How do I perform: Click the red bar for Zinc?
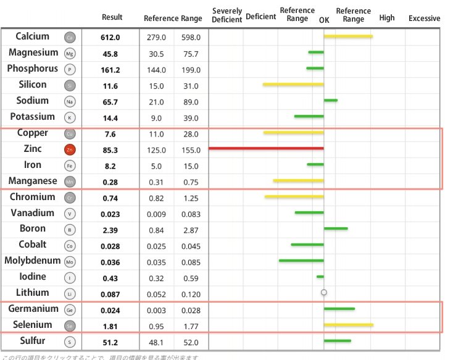[266, 149]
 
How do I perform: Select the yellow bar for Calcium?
[348, 36]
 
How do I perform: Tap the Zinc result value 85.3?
[110, 150]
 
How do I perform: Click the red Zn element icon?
[70, 149]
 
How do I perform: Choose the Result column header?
[112, 17]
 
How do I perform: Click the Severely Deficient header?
[226, 15]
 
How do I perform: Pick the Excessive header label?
[424, 18]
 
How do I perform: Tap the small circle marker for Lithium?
[323, 293]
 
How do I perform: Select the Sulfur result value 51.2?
[110, 341]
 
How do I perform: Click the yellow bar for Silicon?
[293, 84]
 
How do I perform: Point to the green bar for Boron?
[336, 228]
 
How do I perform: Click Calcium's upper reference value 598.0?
[190, 38]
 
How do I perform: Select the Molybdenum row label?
[31, 261]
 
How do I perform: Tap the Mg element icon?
[70, 54]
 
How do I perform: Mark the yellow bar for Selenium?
[348, 324]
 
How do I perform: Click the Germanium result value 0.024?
[110, 310]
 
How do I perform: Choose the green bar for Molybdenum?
[301, 261]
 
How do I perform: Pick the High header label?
[387, 18]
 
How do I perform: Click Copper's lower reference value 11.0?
[156, 134]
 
